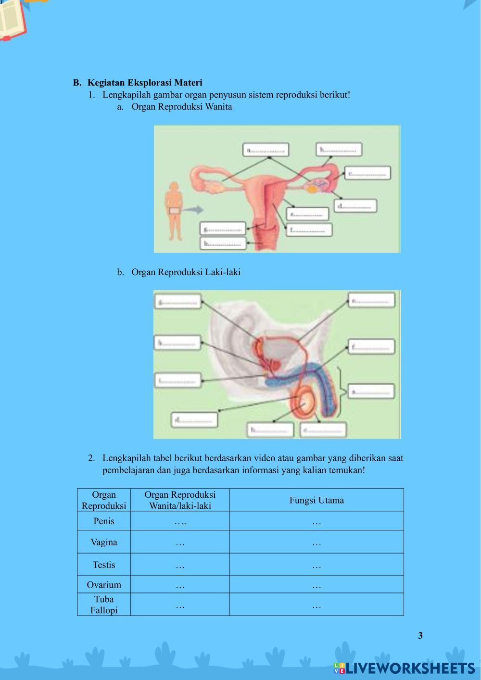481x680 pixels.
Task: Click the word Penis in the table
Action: [104, 521]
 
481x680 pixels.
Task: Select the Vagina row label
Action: [104, 542]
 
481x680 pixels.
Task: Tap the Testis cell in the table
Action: [104, 565]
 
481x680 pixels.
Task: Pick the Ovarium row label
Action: [104, 585]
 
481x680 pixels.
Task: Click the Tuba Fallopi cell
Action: [104, 604]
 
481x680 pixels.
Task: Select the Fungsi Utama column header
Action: [316, 500]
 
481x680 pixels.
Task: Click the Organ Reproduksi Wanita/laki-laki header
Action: [180, 500]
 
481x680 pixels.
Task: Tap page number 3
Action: [420, 636]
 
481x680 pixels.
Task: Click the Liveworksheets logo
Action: [404, 668]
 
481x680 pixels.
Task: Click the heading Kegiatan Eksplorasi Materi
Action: [145, 83]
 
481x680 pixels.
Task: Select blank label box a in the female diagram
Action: [266, 150]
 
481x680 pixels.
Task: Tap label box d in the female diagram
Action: [355, 206]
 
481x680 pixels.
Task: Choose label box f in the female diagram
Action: [310, 230]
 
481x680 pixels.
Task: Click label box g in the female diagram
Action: [223, 229]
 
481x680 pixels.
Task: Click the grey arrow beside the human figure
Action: [193, 210]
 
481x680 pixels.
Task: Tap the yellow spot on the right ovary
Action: [313, 189]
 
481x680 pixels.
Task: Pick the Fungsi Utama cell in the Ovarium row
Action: [316, 585]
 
